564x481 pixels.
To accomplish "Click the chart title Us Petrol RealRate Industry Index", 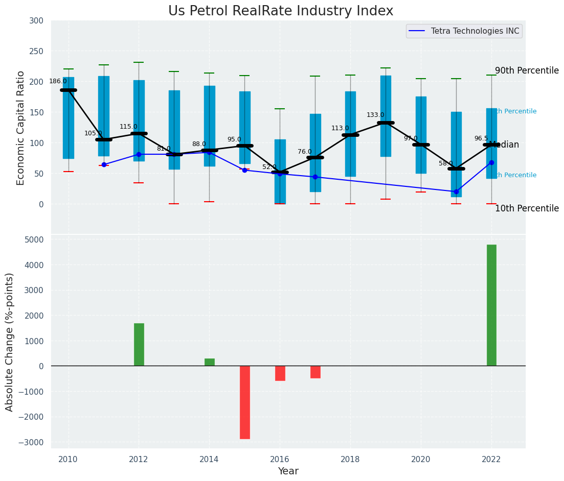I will coord(281,11).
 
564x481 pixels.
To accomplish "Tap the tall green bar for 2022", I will coord(491,305).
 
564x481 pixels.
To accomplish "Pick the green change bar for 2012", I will coord(139,344).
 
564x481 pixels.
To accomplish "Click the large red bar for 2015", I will coord(245,402).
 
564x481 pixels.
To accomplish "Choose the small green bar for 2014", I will coord(210,362).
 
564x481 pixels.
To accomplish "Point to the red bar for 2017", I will coord(315,372).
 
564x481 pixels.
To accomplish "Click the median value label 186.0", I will coord(58,81).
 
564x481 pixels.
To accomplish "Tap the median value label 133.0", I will coord(375,115).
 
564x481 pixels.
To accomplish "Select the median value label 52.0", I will coord(269,167).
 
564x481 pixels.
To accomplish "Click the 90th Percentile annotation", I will coord(527,71).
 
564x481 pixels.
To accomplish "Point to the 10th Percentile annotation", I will coord(527,208).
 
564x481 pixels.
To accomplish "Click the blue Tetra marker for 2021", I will coord(456,191).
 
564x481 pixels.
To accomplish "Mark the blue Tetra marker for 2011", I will coord(104,164).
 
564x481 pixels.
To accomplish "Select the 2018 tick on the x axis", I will coord(350,459).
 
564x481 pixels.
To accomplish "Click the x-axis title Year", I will coord(288,471).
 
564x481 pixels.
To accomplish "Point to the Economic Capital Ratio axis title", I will coord(21,128).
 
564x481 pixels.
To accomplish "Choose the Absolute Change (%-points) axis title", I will coord(10,342).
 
